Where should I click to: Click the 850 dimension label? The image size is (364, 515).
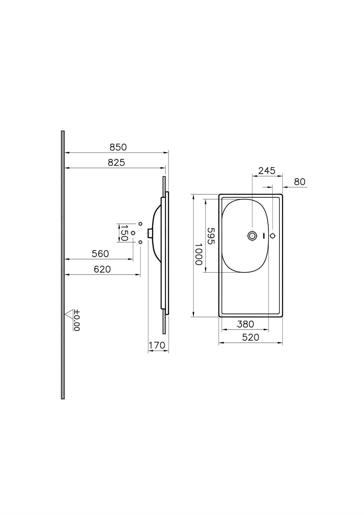click(x=118, y=147)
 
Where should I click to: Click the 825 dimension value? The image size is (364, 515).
click(x=116, y=162)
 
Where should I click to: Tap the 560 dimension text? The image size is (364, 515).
click(x=100, y=254)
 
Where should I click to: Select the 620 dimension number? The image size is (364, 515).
click(x=102, y=269)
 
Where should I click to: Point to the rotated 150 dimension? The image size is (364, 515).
click(x=124, y=233)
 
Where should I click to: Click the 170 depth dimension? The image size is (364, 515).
click(x=157, y=345)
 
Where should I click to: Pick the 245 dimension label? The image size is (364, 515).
click(x=266, y=171)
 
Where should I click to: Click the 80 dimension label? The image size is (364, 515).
click(x=300, y=182)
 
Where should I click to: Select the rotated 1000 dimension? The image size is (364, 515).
click(x=198, y=254)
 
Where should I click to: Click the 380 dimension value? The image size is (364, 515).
click(x=245, y=324)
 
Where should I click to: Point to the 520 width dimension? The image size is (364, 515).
click(x=250, y=337)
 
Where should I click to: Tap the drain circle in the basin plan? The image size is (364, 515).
click(x=252, y=236)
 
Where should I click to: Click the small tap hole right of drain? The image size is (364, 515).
click(x=273, y=236)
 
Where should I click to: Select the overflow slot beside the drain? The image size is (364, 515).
click(x=263, y=236)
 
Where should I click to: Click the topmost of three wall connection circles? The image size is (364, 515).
click(x=140, y=224)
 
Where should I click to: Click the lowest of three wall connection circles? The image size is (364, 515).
click(x=140, y=242)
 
